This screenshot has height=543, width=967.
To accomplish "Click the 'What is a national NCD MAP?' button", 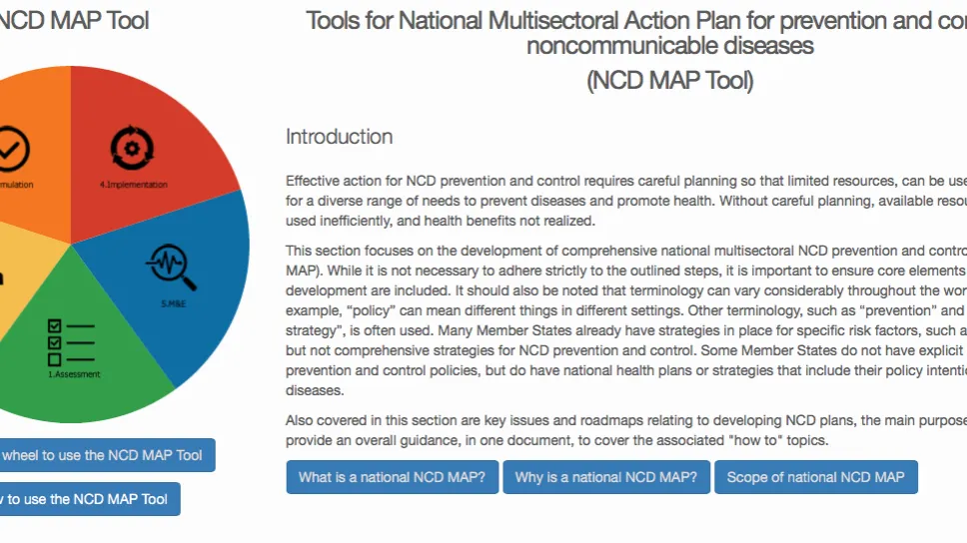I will coord(392,477).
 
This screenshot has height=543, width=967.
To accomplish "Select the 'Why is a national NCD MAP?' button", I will coord(605,477).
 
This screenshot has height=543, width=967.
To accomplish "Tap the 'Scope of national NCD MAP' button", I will coord(815,477).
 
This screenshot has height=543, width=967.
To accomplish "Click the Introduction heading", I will coord(339,137).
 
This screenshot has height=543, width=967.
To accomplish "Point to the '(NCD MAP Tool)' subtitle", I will coord(669,81).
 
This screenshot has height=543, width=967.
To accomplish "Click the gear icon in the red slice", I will coord(132,149).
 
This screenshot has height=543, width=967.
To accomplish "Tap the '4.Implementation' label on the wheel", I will coord(134,185).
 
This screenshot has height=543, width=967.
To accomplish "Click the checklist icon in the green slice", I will coord(70,341).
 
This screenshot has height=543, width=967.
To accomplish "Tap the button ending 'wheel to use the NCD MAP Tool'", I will coord(101,455).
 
